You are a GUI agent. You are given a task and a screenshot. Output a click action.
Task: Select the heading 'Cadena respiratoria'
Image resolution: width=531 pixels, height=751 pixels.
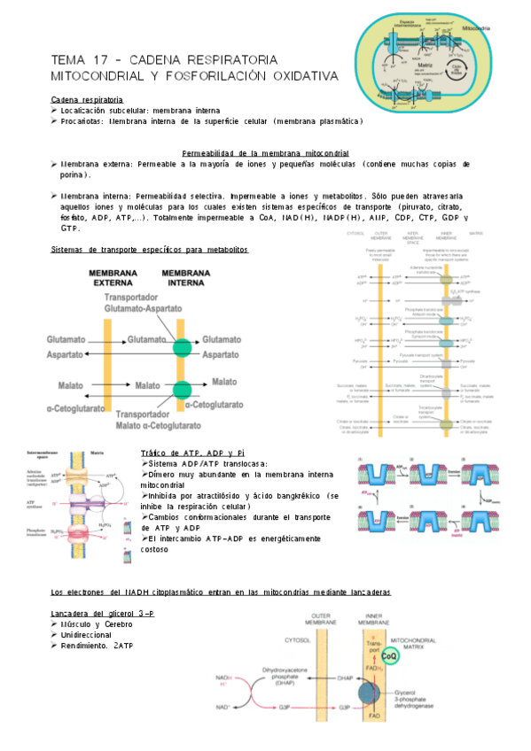point(87,100)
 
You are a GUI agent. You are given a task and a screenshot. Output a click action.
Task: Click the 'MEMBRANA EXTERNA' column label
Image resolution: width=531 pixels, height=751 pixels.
point(112,276)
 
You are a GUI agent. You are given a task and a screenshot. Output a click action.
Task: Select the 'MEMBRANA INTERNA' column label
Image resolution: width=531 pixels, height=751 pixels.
point(186,276)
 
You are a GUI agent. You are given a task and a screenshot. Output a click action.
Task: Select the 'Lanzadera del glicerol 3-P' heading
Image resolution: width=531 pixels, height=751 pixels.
point(103,614)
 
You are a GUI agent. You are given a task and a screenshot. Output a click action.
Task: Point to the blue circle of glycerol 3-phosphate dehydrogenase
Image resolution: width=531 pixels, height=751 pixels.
point(372,693)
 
